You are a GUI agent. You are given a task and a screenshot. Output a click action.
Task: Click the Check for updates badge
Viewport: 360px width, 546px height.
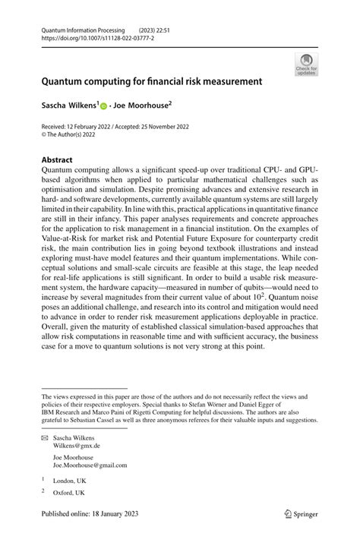pyautogui.click(x=306, y=64)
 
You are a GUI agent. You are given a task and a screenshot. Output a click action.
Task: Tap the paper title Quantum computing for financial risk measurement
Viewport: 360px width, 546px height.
pyautogui.click(x=152, y=80)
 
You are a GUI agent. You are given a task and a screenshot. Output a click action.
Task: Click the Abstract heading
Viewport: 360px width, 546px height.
pyautogui.click(x=57, y=160)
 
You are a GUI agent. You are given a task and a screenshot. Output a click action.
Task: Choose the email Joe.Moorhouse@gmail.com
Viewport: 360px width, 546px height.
pyautogui.click(x=90, y=466)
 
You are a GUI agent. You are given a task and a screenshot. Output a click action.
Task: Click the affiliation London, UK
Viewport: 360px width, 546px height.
pyautogui.click(x=71, y=481)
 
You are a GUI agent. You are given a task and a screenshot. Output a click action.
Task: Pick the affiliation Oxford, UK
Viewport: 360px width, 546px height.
pyautogui.click(x=69, y=494)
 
